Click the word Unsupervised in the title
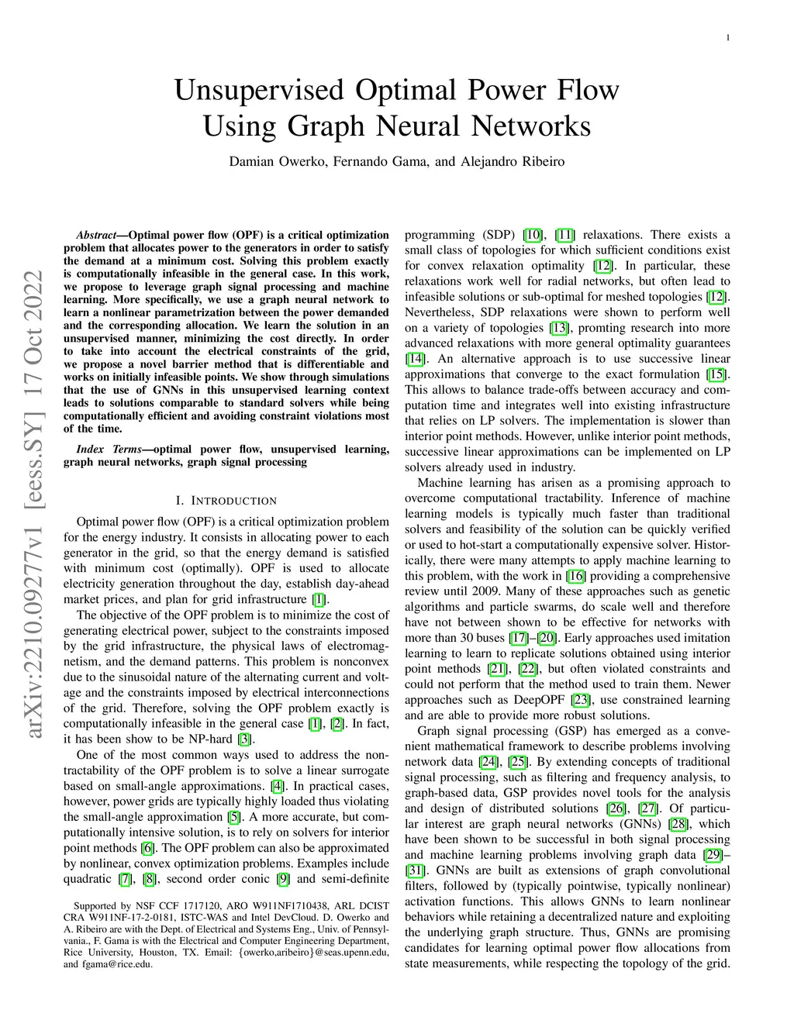tap(259, 91)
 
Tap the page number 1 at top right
tap(728, 37)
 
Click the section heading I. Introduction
tap(226, 501)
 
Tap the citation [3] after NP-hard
tap(245, 739)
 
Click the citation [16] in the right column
tap(576, 576)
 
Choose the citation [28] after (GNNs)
tap(678, 824)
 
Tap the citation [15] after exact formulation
tap(718, 374)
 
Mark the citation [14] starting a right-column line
tap(415, 359)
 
